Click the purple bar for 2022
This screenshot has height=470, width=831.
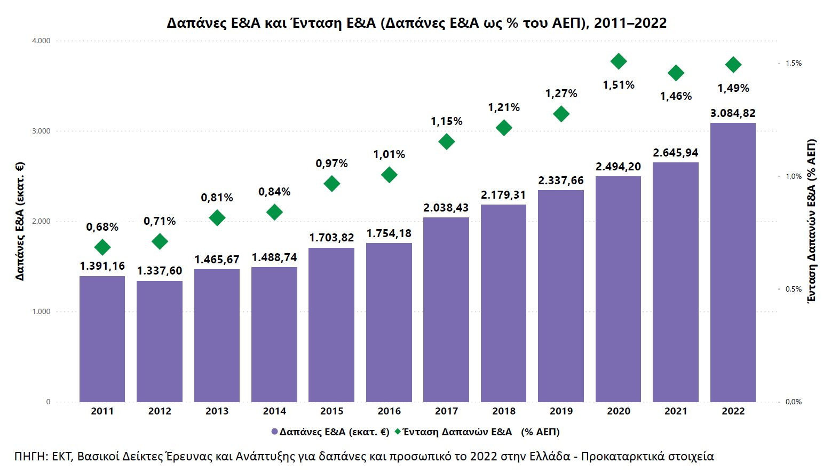tap(733, 262)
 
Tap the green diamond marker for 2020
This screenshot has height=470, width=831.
tap(619, 61)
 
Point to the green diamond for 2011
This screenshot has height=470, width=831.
tap(102, 247)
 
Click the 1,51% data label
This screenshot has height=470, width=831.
tap(619, 85)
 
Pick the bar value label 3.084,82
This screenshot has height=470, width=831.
tap(733, 113)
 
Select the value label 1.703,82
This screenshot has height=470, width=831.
tap(331, 238)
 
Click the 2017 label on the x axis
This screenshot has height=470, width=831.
tap(446, 411)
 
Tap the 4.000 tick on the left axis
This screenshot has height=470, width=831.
tap(41, 41)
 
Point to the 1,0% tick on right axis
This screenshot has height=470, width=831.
tap(793, 176)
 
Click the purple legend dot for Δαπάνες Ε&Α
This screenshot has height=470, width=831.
tap(274, 432)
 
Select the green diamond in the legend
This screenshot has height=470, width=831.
tap(398, 432)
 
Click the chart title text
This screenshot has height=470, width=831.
tap(416, 23)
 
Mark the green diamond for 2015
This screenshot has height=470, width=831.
tap(332, 184)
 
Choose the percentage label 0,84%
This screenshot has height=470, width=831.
tap(274, 192)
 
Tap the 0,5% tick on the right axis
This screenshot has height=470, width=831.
tap(793, 289)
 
